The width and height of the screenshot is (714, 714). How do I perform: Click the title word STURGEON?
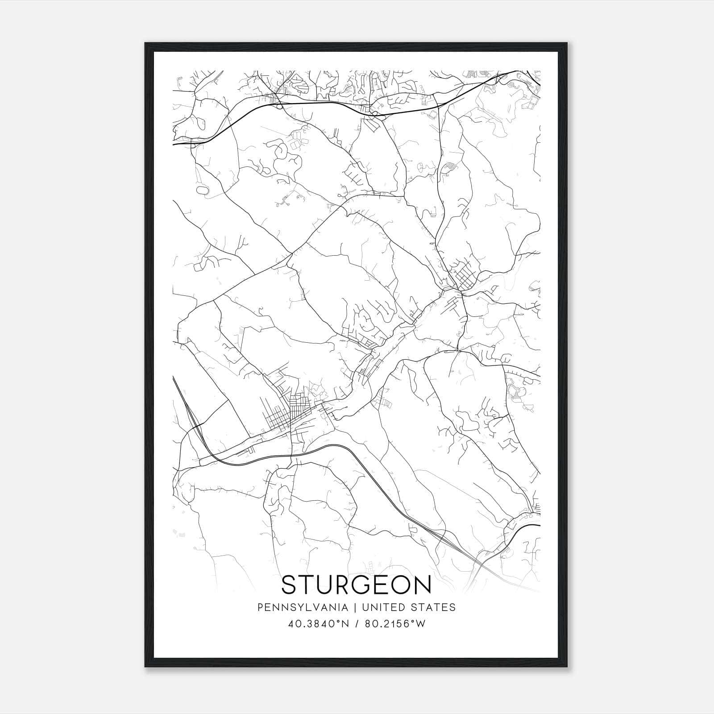point(357,585)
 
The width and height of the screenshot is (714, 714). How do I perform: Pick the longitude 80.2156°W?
point(394,624)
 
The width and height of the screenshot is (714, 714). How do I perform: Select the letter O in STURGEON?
point(400,585)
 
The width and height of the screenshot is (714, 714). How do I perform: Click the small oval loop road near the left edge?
point(202,190)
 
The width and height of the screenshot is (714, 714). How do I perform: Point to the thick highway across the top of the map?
point(312,103)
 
